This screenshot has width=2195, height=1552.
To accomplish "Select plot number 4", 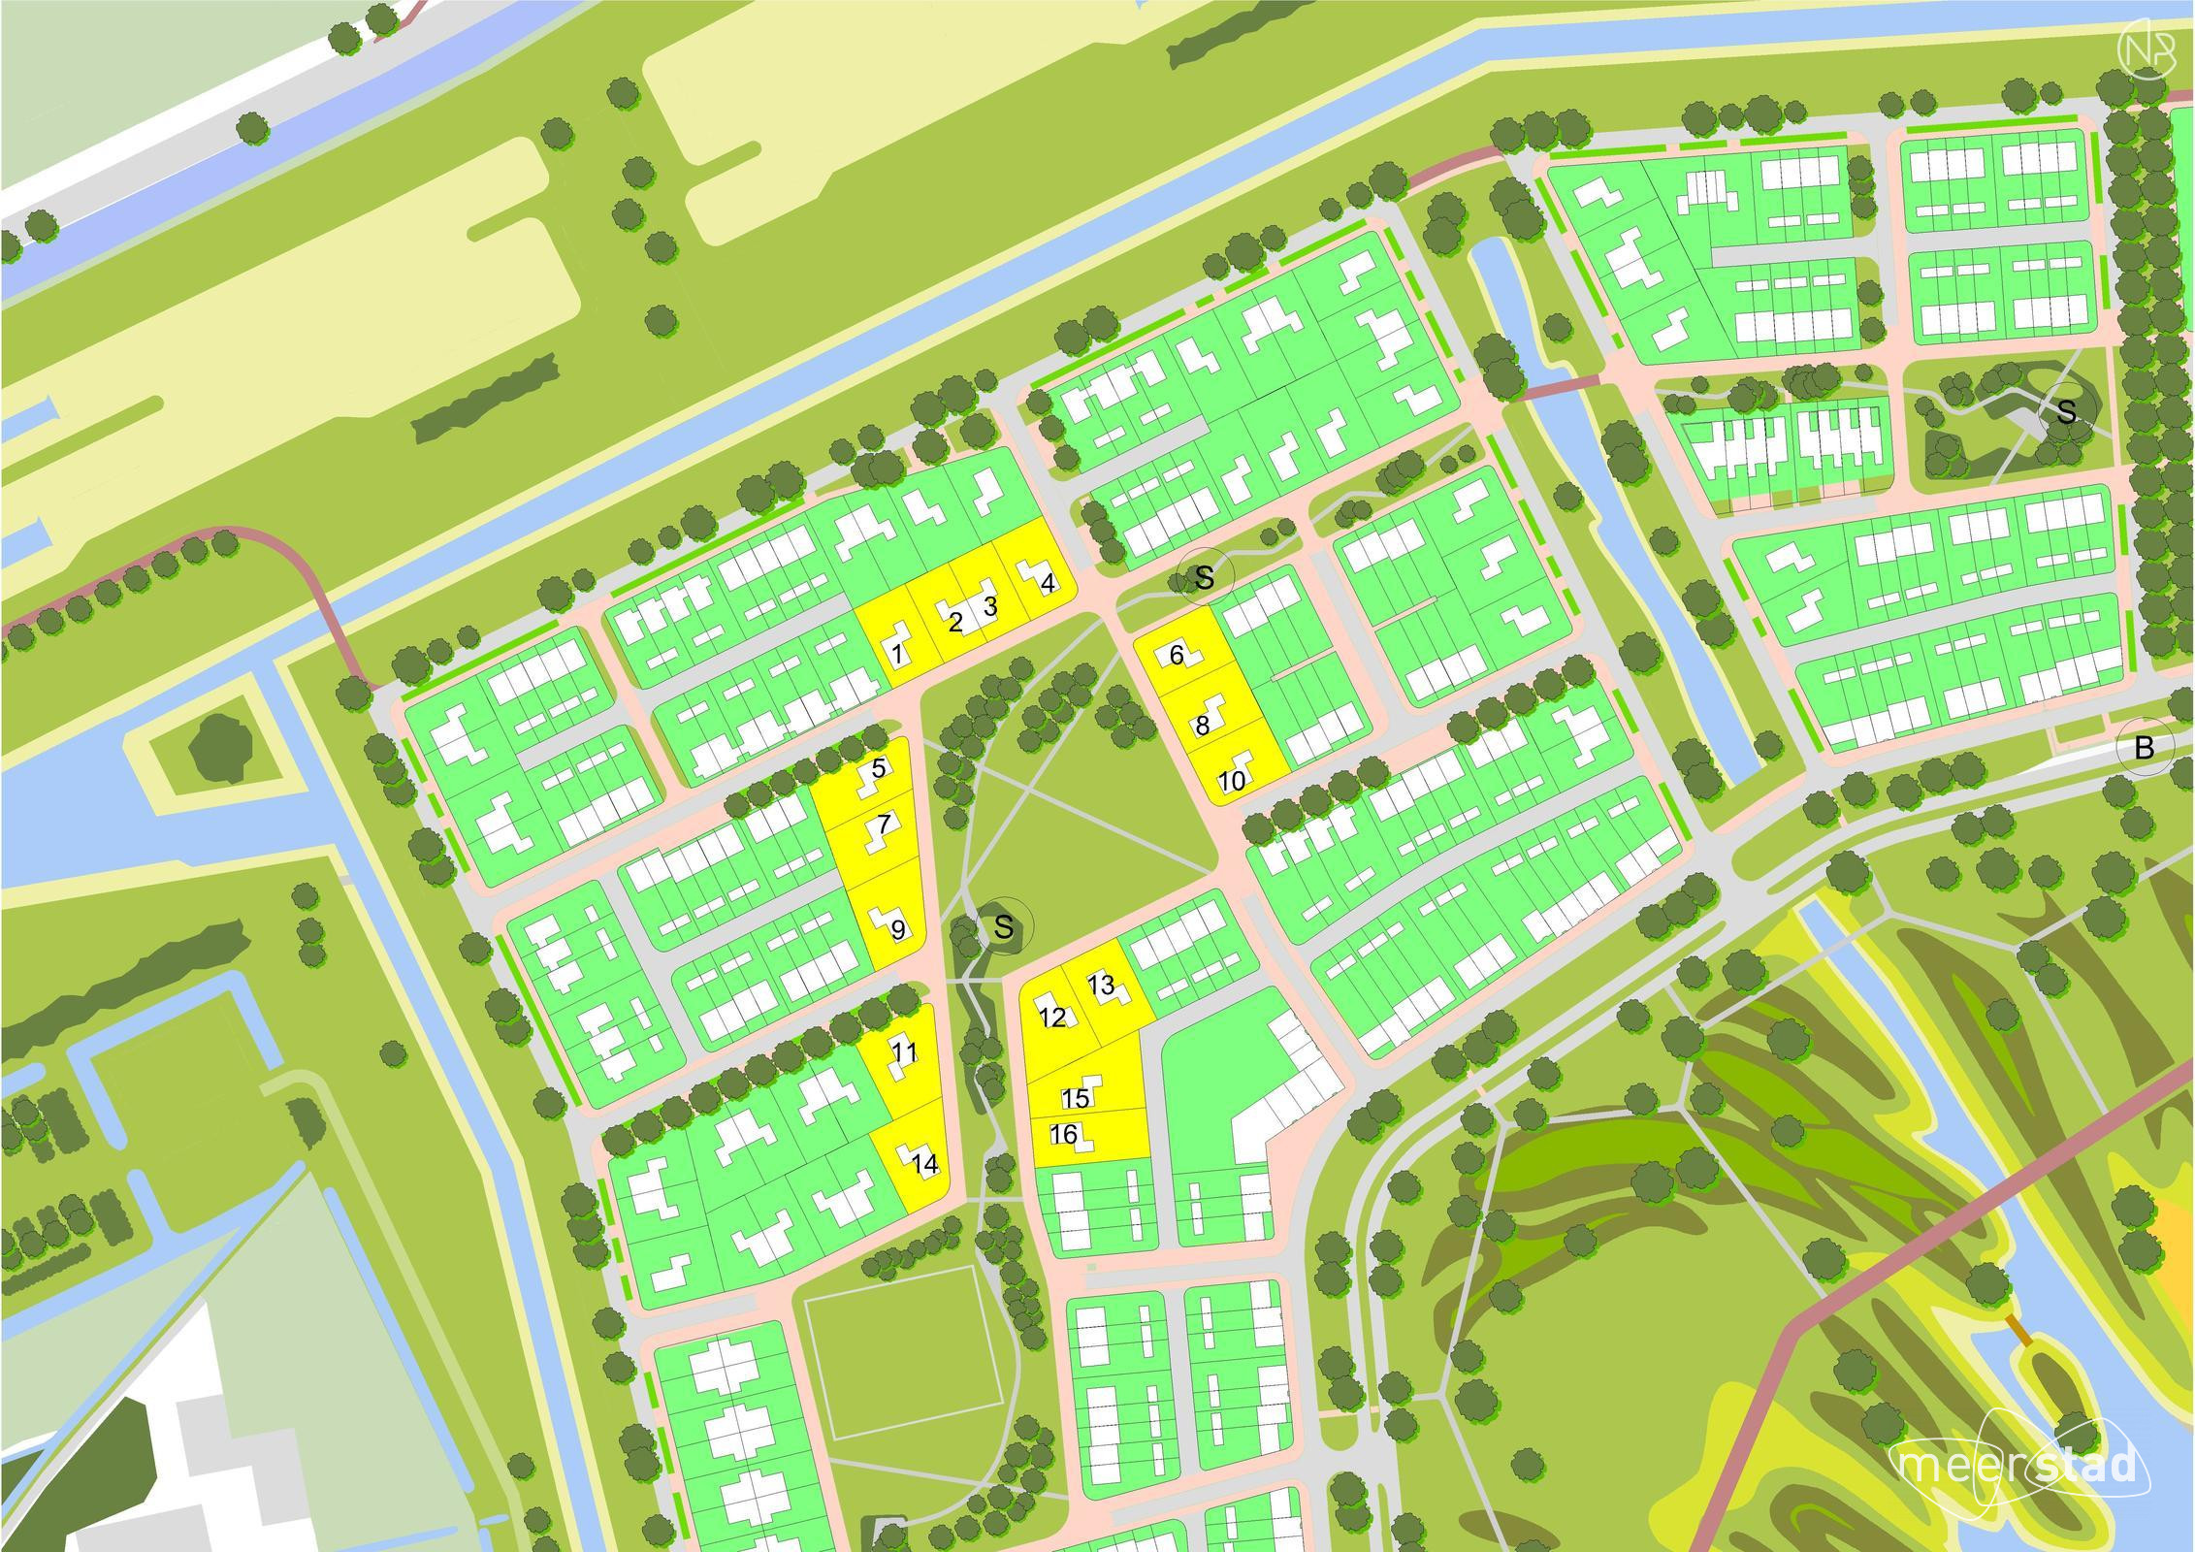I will (x=1046, y=584).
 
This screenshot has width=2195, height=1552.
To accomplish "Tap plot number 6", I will (x=1177, y=656).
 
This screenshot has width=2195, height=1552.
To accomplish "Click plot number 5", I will (x=879, y=769).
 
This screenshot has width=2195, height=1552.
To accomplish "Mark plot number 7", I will (x=883, y=825).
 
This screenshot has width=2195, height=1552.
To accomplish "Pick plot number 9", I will (x=898, y=929).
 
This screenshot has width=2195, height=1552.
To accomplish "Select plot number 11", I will (x=905, y=1052).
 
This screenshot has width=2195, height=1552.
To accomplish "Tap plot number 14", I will (x=926, y=1164).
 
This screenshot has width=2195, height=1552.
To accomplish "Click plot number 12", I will (x=1052, y=1017).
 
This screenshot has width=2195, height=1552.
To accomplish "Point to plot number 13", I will (x=1101, y=985).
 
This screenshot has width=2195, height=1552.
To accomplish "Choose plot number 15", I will (x=1075, y=1098).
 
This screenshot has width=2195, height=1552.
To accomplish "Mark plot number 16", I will (x=1064, y=1134).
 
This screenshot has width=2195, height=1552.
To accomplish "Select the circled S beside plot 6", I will (x=1204, y=577).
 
